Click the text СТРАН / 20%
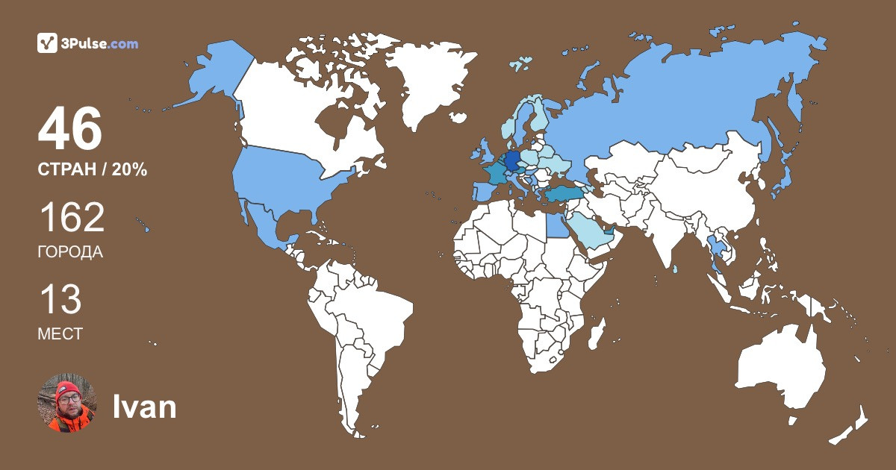[x=92, y=170]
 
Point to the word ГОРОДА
[x=70, y=252]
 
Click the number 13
[x=60, y=300]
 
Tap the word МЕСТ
[x=60, y=334]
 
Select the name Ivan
[x=144, y=407]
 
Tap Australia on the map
[x=780, y=373]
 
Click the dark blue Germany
[x=513, y=161]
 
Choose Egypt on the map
[x=557, y=225]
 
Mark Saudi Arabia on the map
[x=590, y=231]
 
